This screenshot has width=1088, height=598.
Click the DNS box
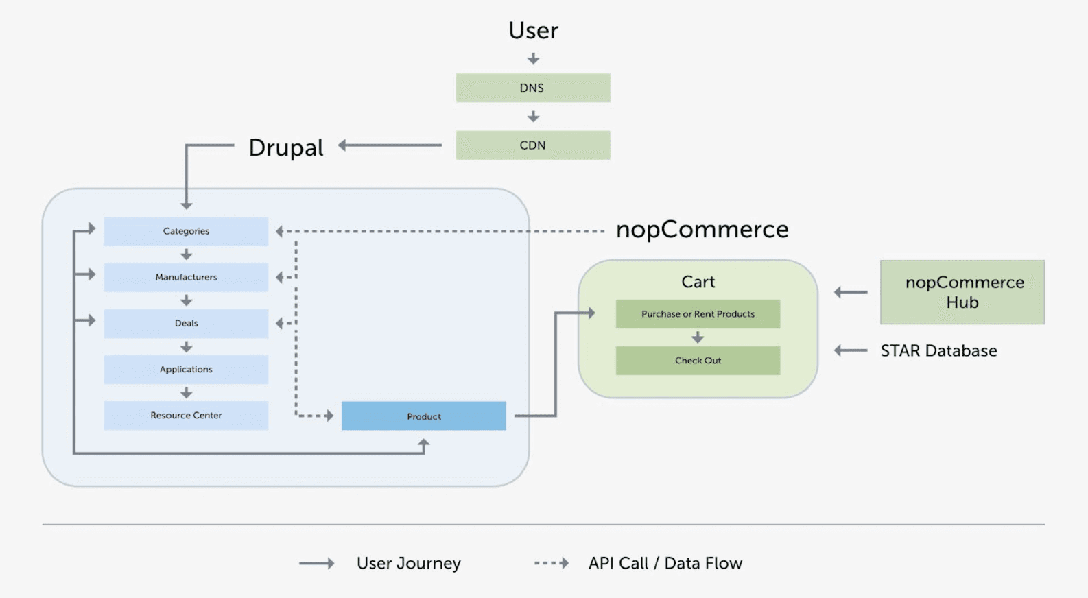point(533,88)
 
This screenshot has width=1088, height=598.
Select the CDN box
point(533,145)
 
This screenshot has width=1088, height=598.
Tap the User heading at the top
point(533,30)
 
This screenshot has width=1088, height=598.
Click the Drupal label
point(285,147)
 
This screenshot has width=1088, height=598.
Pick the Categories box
point(186,231)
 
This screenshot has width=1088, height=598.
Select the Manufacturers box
point(186,277)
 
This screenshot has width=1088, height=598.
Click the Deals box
point(186,323)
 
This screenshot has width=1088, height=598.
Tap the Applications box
point(186,369)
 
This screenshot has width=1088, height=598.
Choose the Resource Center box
point(186,415)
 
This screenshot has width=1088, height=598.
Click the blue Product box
point(424,416)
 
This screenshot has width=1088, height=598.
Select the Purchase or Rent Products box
point(698,314)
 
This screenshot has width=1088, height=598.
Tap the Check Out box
point(698,361)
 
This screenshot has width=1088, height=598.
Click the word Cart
point(698,282)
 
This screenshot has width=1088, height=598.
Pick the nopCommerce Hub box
point(962,292)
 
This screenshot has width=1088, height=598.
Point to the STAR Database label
point(938,350)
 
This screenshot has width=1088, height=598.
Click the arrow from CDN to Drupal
point(390,145)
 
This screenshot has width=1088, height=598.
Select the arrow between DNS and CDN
point(533,117)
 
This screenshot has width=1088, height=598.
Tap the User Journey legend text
point(408,563)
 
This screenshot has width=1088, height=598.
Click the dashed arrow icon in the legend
point(552,563)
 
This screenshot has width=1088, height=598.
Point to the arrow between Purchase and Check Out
point(698,337)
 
